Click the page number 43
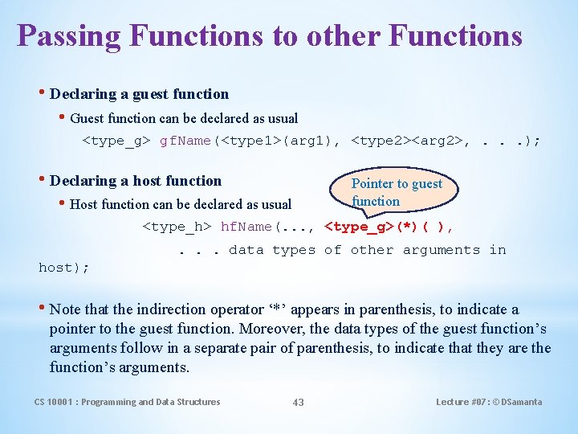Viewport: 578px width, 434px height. (x=298, y=402)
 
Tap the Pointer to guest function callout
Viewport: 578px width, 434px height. (x=397, y=192)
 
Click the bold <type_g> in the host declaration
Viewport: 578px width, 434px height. (x=357, y=227)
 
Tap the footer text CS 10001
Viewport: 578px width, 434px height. (x=56, y=402)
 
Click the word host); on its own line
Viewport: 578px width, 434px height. (x=64, y=267)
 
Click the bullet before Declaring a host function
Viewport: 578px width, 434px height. (x=43, y=180)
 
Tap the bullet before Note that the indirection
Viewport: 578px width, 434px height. (x=43, y=309)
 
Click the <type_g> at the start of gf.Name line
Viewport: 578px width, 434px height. (x=118, y=141)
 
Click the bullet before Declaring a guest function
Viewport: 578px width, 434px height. (x=43, y=93)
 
